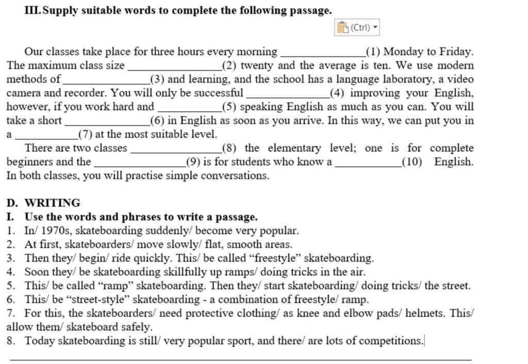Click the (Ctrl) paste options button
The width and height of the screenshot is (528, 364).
[357, 28]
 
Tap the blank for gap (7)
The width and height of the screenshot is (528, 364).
[46, 136]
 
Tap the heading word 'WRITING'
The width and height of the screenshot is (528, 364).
[53, 203]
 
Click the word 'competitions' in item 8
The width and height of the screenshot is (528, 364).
[391, 341]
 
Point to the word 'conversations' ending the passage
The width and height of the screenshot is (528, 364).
[235, 176]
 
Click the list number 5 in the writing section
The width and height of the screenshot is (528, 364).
[11, 286]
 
